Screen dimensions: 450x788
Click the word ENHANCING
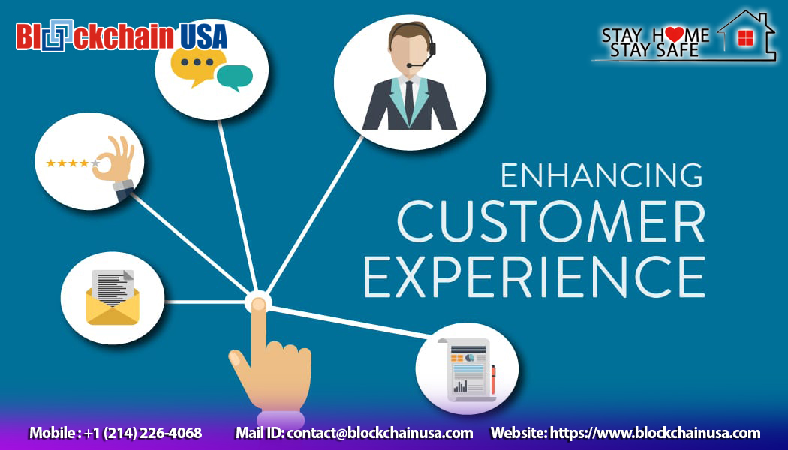coord(601,175)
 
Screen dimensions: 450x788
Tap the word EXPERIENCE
coord(534,277)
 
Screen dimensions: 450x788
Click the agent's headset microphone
coord(410,66)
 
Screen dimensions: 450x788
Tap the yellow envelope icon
coord(113,304)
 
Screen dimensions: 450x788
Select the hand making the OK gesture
coord(117,162)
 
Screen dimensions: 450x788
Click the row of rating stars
coord(72,163)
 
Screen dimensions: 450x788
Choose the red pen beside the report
coord(493,378)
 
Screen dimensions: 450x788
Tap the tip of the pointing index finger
coord(258,304)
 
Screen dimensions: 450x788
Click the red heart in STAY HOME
coord(673,34)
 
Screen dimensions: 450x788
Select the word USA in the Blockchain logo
coord(203,36)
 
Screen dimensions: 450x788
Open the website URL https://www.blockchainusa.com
coord(655,433)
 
